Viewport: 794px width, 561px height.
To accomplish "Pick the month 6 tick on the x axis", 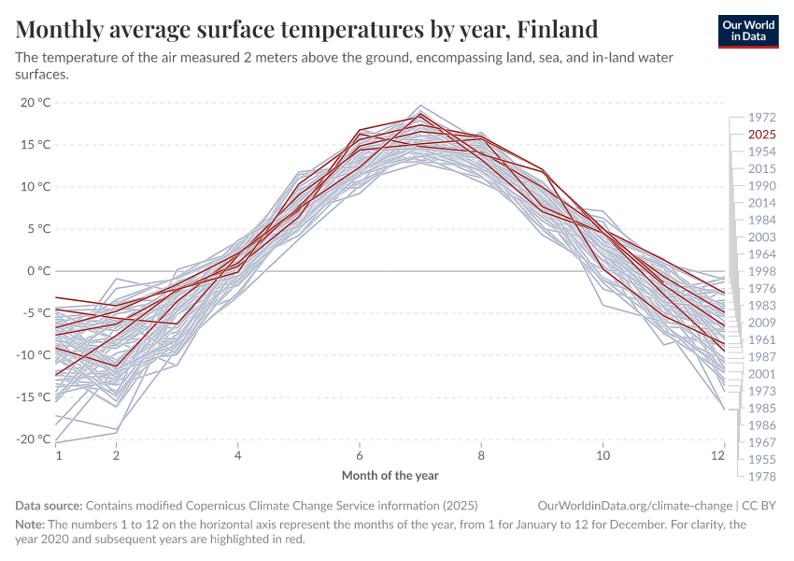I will (x=360, y=455).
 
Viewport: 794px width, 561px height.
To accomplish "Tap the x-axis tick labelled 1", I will (x=58, y=455).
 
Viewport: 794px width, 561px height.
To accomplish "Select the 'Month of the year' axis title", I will (x=390, y=475).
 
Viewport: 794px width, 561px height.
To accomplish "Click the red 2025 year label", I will (x=762, y=135).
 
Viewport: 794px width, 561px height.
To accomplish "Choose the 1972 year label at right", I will (x=762, y=118).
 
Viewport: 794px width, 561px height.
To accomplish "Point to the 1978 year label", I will (x=762, y=476).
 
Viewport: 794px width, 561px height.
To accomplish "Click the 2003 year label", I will (x=762, y=237).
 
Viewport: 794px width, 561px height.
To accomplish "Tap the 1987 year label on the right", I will (x=762, y=356).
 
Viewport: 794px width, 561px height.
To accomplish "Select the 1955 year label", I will (x=762, y=459).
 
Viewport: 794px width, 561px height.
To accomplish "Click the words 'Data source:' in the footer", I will (x=49, y=505).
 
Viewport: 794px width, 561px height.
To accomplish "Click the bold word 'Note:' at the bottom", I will (x=31, y=525).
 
